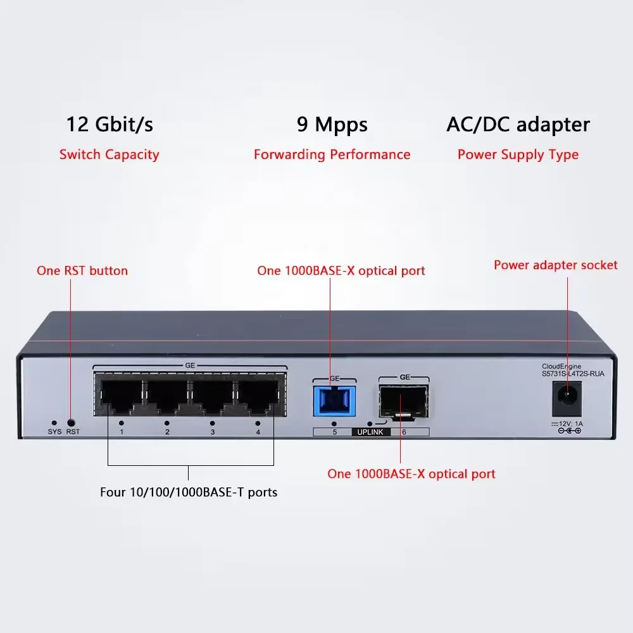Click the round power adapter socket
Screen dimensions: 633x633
(567, 399)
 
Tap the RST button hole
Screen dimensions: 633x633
(71, 422)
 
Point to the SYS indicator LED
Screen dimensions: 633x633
(54, 422)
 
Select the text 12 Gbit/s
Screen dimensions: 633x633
(110, 124)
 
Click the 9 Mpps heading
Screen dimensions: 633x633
(332, 124)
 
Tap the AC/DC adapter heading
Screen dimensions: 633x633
(518, 124)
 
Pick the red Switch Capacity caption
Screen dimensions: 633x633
(110, 154)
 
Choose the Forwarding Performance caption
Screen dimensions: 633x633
(332, 154)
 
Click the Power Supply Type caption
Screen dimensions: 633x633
(518, 154)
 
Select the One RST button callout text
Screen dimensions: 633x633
(82, 271)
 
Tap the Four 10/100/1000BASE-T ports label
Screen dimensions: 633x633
(189, 492)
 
